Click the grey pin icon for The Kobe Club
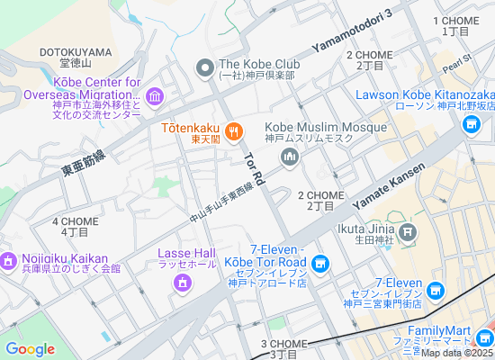pyautogui.click(x=205, y=66)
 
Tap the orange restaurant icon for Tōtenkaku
pyautogui.click(x=233, y=131)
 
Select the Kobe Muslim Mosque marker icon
pyautogui.click(x=290, y=157)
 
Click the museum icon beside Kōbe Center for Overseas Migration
pyautogui.click(x=154, y=96)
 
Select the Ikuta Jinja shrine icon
pyautogui.click(x=408, y=234)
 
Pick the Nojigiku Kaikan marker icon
pyautogui.click(x=8, y=261)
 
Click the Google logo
pyautogui.click(x=31, y=349)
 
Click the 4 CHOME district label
pyautogui.click(x=75, y=226)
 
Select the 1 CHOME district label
pyautogui.click(x=455, y=25)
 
